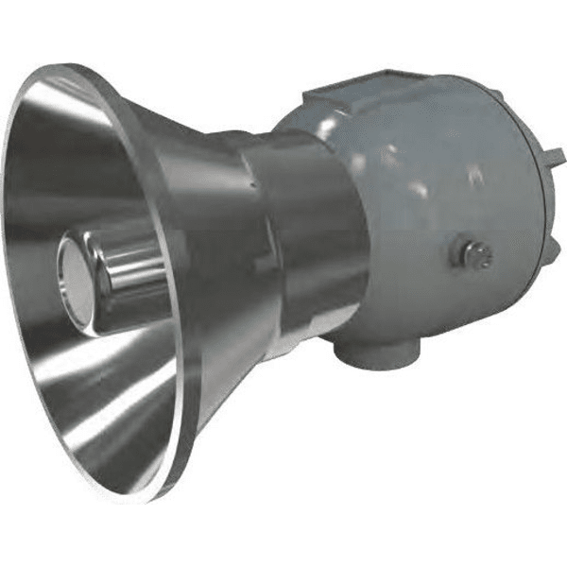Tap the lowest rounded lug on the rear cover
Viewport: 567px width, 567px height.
[x=543, y=283]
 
